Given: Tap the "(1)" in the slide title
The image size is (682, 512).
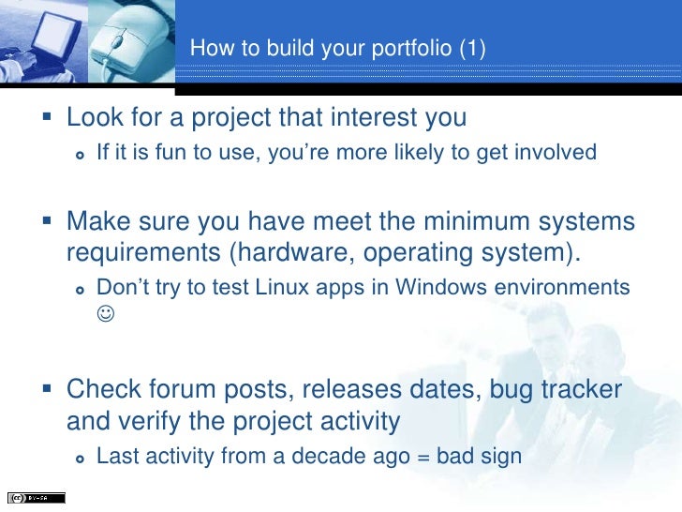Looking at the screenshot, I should pos(472,48).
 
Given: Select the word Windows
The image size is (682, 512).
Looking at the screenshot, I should pos(447,287).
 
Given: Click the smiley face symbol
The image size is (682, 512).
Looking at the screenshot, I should pos(104,315).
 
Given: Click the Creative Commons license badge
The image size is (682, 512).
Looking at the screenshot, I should pos(36,498).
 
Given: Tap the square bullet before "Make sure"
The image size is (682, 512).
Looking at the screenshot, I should pos(50,224).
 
